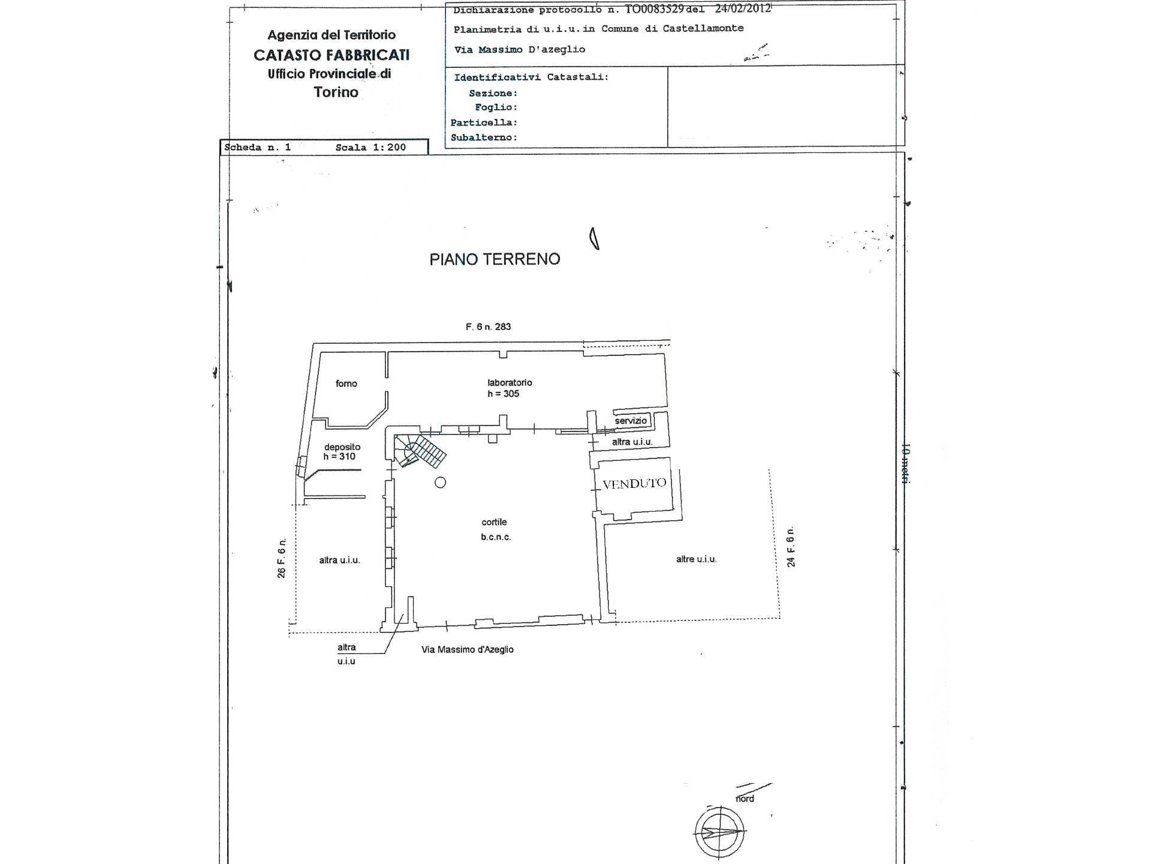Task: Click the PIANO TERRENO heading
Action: (x=495, y=259)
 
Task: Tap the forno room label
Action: (x=346, y=383)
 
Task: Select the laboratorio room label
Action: (x=510, y=382)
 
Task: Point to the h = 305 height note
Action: (x=503, y=394)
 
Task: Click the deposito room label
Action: (x=342, y=446)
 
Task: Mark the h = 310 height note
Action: (x=339, y=457)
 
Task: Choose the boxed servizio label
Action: (x=631, y=421)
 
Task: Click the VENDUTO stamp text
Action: (x=634, y=484)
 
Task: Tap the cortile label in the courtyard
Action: (x=494, y=522)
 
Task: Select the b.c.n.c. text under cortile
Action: (x=496, y=537)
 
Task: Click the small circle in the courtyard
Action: (x=441, y=482)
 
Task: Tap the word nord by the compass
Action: (x=745, y=799)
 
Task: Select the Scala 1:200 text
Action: (x=370, y=147)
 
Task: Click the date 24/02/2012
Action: (x=743, y=8)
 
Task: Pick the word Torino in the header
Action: (x=336, y=92)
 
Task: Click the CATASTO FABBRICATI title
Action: (x=332, y=55)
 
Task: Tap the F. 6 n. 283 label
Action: (x=488, y=327)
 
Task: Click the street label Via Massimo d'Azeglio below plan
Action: (x=467, y=649)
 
